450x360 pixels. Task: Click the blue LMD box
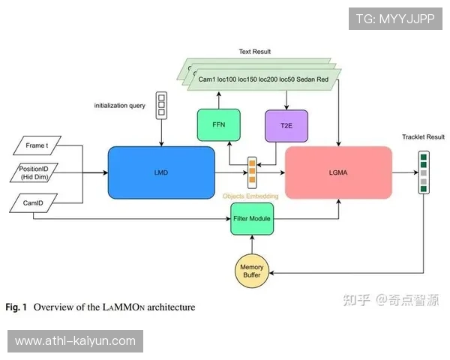(161, 172)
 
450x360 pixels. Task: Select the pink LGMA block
(338, 172)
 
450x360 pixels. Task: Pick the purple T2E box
(286, 125)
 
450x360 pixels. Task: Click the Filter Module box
(250, 218)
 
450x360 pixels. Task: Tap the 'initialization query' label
(120, 106)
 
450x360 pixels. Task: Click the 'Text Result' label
(255, 52)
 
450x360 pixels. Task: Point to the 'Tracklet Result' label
(423, 137)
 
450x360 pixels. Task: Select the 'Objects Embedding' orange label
(250, 196)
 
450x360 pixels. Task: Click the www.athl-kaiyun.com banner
(75, 341)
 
